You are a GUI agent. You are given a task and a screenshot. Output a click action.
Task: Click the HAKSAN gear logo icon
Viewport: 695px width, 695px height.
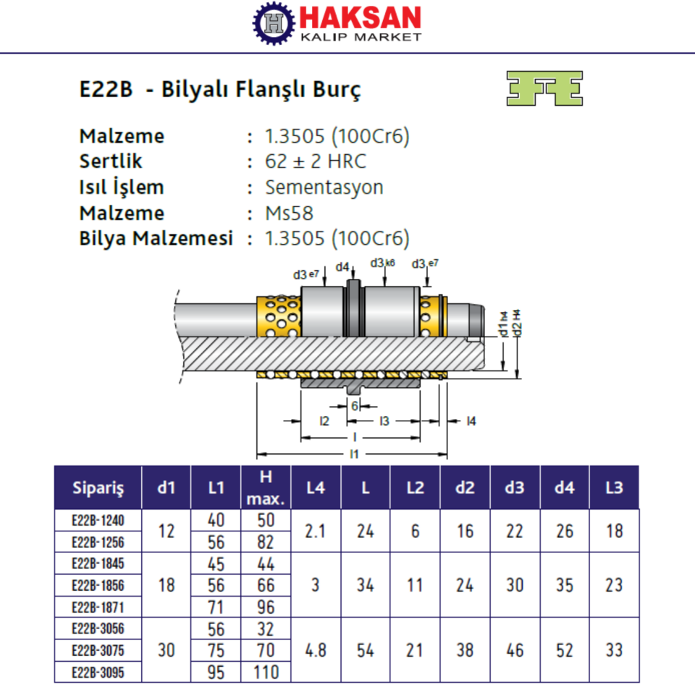pos(275,23)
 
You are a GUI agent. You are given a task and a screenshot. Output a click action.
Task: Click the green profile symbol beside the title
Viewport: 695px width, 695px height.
pos(544,88)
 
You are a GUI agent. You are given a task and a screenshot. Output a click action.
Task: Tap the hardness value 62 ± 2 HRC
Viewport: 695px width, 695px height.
pos(316,161)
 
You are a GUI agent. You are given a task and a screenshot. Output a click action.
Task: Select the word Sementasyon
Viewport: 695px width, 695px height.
pos(324,187)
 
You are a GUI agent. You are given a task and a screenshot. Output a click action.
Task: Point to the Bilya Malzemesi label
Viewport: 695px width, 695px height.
pos(156,239)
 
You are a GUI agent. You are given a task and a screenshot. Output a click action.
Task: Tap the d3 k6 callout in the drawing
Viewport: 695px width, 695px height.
pos(382,264)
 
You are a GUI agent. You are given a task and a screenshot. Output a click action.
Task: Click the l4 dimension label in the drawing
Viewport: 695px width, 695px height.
pos(470,421)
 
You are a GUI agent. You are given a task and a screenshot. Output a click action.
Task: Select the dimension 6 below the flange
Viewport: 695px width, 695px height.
pos(355,407)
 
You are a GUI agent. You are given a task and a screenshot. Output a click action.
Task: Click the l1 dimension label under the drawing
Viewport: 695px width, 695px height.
pos(354,454)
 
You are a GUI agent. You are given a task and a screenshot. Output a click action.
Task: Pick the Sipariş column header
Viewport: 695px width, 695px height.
pos(98,487)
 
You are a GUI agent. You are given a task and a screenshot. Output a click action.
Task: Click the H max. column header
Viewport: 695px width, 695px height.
pos(266,487)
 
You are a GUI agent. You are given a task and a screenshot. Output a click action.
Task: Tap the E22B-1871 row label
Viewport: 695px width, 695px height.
pos(98,607)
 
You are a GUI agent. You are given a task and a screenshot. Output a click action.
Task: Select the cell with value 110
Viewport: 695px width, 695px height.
pos(266,672)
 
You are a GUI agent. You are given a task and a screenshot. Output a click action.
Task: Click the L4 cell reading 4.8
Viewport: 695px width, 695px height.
pos(315,649)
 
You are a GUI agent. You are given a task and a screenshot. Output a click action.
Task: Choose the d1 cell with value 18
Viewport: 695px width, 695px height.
pos(166,585)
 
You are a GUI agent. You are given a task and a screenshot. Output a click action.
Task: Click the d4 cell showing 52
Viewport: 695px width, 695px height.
pos(564,649)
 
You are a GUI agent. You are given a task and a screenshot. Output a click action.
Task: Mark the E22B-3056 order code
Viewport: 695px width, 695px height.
pos(98,628)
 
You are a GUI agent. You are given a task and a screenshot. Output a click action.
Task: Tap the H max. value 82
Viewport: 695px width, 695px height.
pos(266,542)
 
